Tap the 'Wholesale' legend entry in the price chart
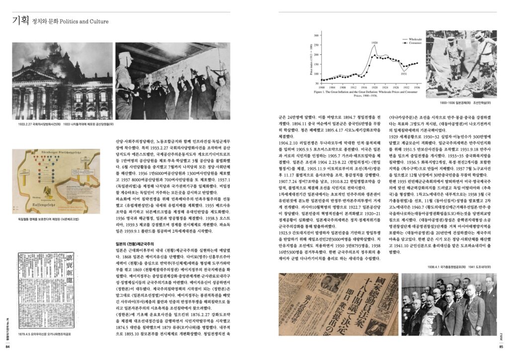pyautogui.click(x=416, y=38)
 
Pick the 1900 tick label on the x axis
pyautogui.click(x=322, y=87)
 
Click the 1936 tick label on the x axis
pyautogui.click(x=417, y=87)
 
